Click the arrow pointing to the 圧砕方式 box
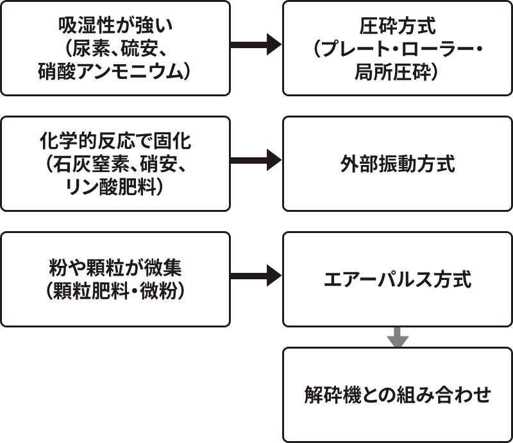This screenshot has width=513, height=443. tap(256, 45)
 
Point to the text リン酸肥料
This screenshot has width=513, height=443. tap(115, 187)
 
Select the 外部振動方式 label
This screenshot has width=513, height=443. tap(398, 164)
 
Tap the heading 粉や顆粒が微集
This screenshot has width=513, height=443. tap(115, 268)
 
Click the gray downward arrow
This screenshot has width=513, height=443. tap(398, 337)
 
